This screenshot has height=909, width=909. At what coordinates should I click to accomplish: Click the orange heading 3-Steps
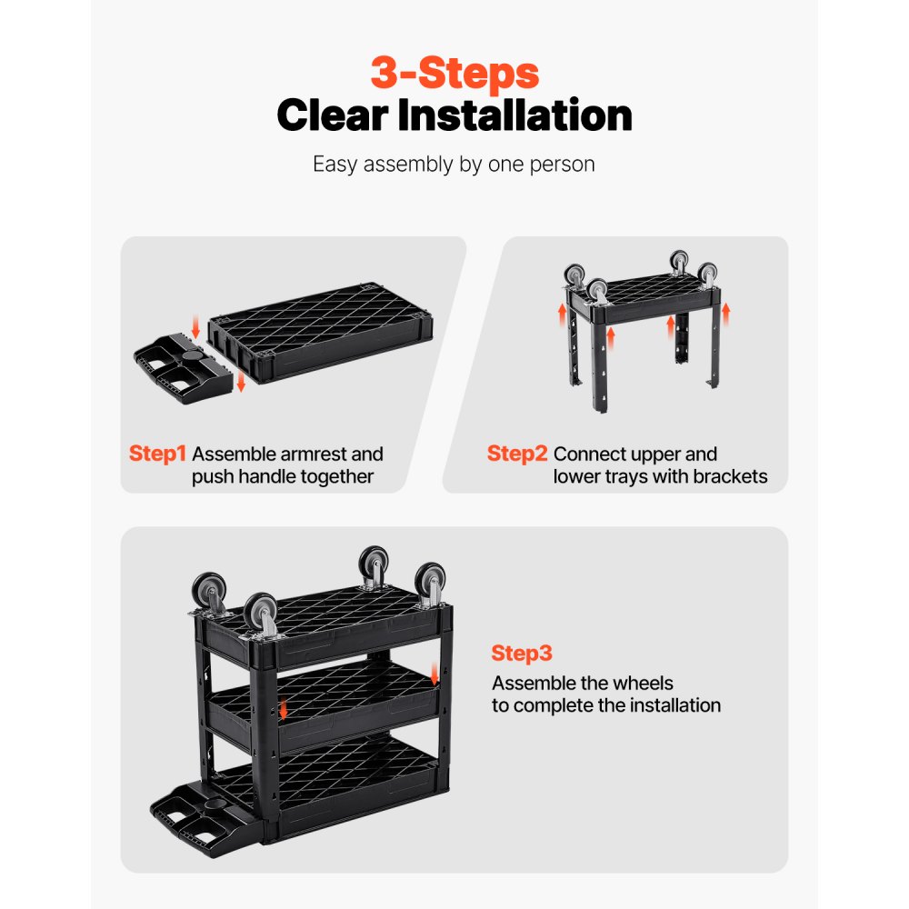454,73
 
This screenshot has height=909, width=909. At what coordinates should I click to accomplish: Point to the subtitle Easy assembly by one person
454,165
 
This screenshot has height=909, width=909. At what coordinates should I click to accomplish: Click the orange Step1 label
157,454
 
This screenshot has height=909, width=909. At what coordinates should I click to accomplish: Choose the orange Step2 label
516,454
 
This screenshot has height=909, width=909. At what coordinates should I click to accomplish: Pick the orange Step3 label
522,654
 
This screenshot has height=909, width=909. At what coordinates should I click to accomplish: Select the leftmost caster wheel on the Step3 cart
208,592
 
